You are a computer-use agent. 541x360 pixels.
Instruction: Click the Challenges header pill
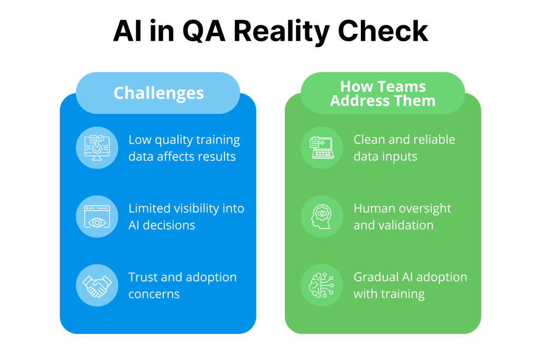tap(158, 93)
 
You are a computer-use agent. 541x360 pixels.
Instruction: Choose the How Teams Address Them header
tap(383, 93)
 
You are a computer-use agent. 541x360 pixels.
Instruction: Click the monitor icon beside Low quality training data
tap(97, 148)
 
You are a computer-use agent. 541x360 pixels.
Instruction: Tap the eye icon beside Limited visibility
tap(97, 216)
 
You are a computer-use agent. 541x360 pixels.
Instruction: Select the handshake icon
tap(97, 286)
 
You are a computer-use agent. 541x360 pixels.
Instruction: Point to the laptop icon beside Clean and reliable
tap(322, 148)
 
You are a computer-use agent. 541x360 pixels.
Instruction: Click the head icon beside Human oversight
tap(322, 216)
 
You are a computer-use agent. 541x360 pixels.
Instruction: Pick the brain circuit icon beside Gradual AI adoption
tap(322, 286)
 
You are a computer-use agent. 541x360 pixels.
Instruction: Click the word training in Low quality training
tap(218, 140)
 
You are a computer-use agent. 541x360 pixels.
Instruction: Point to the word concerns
tap(154, 294)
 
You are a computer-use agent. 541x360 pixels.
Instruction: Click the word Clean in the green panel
tap(369, 140)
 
